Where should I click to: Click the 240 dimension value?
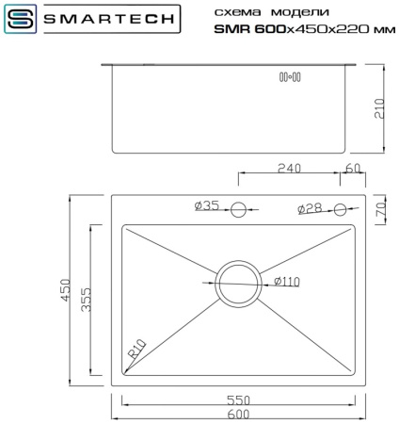pyautogui.click(x=288, y=169)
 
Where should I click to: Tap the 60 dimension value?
pyautogui.click(x=353, y=169)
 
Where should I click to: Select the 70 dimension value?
pyautogui.click(x=379, y=209)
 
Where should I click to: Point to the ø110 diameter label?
pyautogui.click(x=286, y=282)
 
